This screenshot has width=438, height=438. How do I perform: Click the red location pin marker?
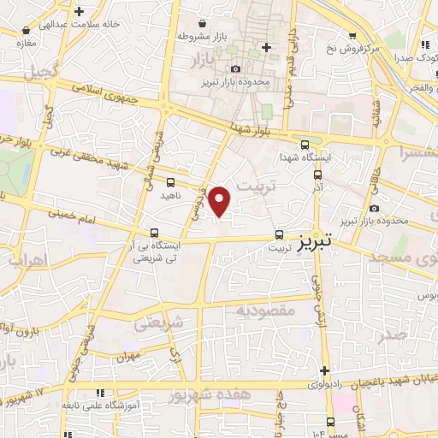[x=221, y=200]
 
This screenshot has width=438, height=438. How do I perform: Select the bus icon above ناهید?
[x=170, y=182]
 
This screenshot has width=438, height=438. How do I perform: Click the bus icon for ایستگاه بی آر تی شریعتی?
[x=154, y=233]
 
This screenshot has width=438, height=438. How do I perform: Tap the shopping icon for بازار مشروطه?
[x=202, y=24]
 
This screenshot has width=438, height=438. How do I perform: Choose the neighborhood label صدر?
[x=395, y=335]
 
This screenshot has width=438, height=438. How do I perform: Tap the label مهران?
[x=127, y=356]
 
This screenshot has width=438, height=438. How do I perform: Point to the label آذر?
[x=317, y=186]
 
